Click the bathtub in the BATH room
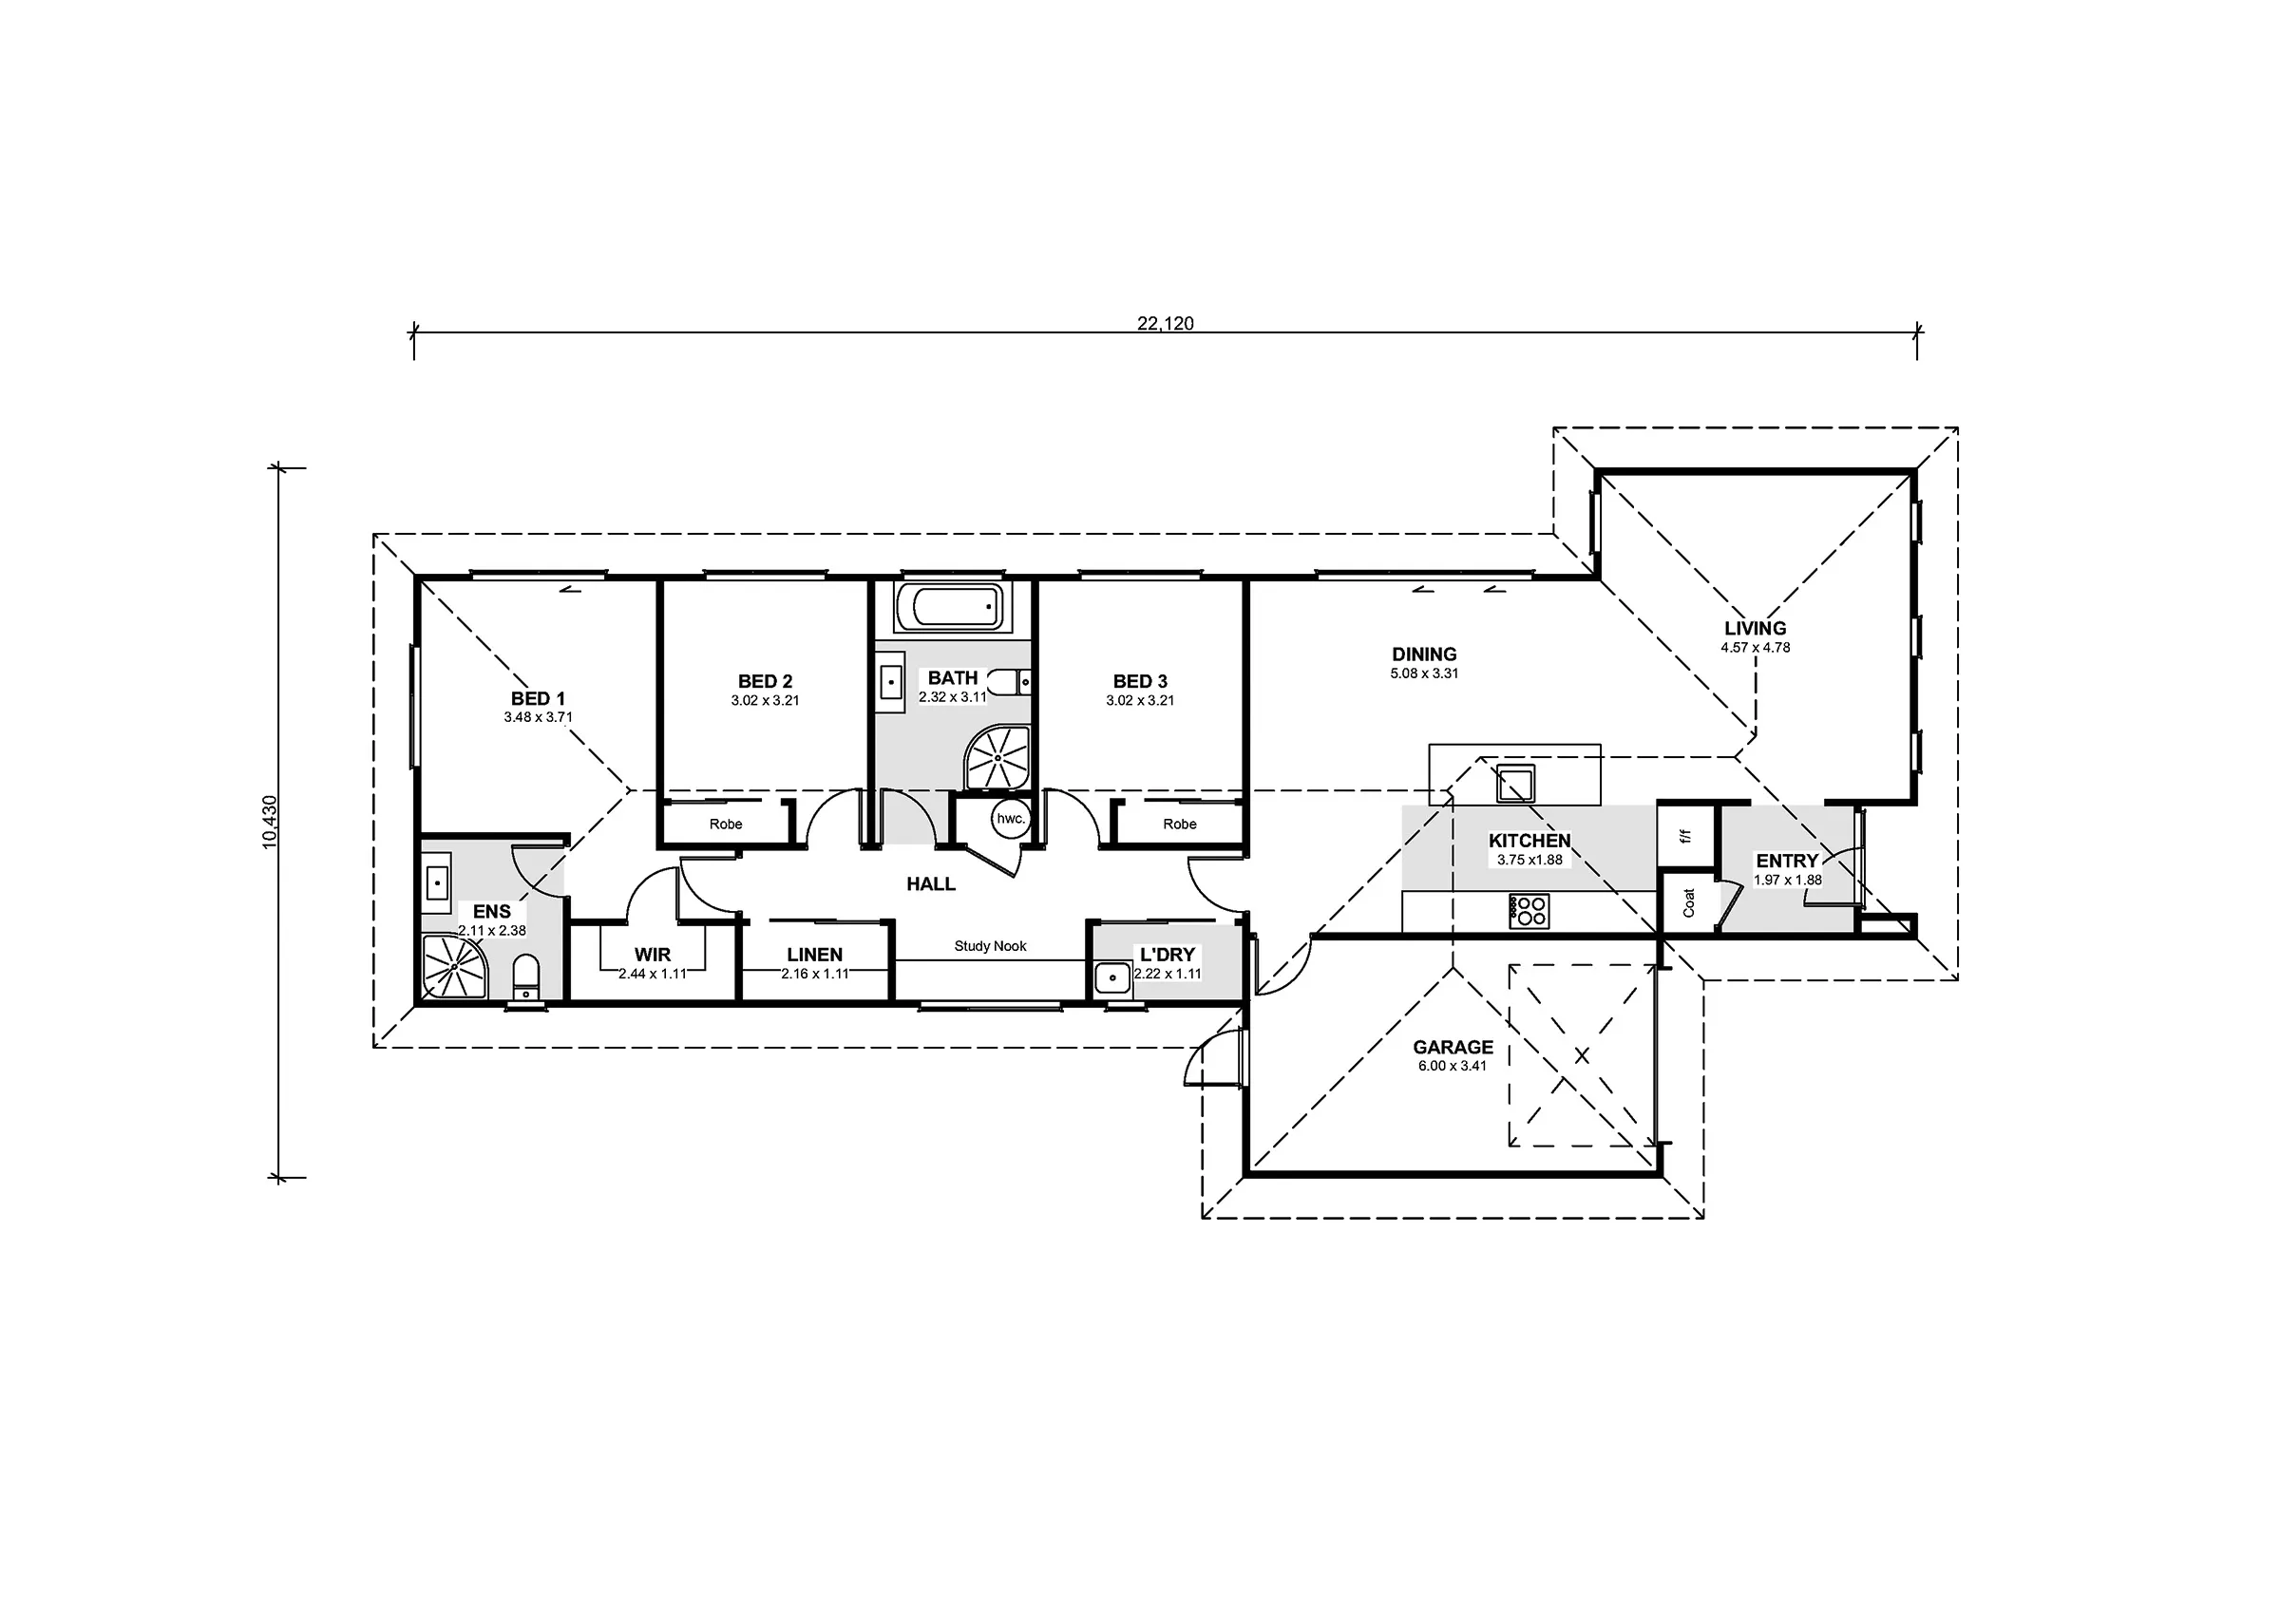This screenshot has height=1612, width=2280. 951,607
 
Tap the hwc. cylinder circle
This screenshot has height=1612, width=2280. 1010,820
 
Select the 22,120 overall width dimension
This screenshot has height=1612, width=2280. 1165,323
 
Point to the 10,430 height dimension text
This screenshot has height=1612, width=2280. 270,822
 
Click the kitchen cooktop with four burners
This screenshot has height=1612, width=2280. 1529,911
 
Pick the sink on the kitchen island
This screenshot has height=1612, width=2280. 1515,784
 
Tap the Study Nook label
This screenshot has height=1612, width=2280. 990,945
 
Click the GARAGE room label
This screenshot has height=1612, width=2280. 1453,1047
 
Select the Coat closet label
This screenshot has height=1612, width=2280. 1688,901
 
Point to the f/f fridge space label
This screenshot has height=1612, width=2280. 1685,836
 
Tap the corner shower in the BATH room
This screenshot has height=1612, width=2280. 997,758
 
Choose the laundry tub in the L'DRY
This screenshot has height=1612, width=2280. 1112,978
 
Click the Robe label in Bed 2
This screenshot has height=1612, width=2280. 726,824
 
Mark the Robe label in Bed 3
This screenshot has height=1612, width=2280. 1180,824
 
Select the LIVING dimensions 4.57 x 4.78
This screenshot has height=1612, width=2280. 1756,648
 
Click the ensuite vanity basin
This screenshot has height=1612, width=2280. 437,882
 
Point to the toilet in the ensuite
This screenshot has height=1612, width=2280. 526,977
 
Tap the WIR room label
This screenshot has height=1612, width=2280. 653,955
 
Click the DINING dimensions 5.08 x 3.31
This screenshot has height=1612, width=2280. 1424,673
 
